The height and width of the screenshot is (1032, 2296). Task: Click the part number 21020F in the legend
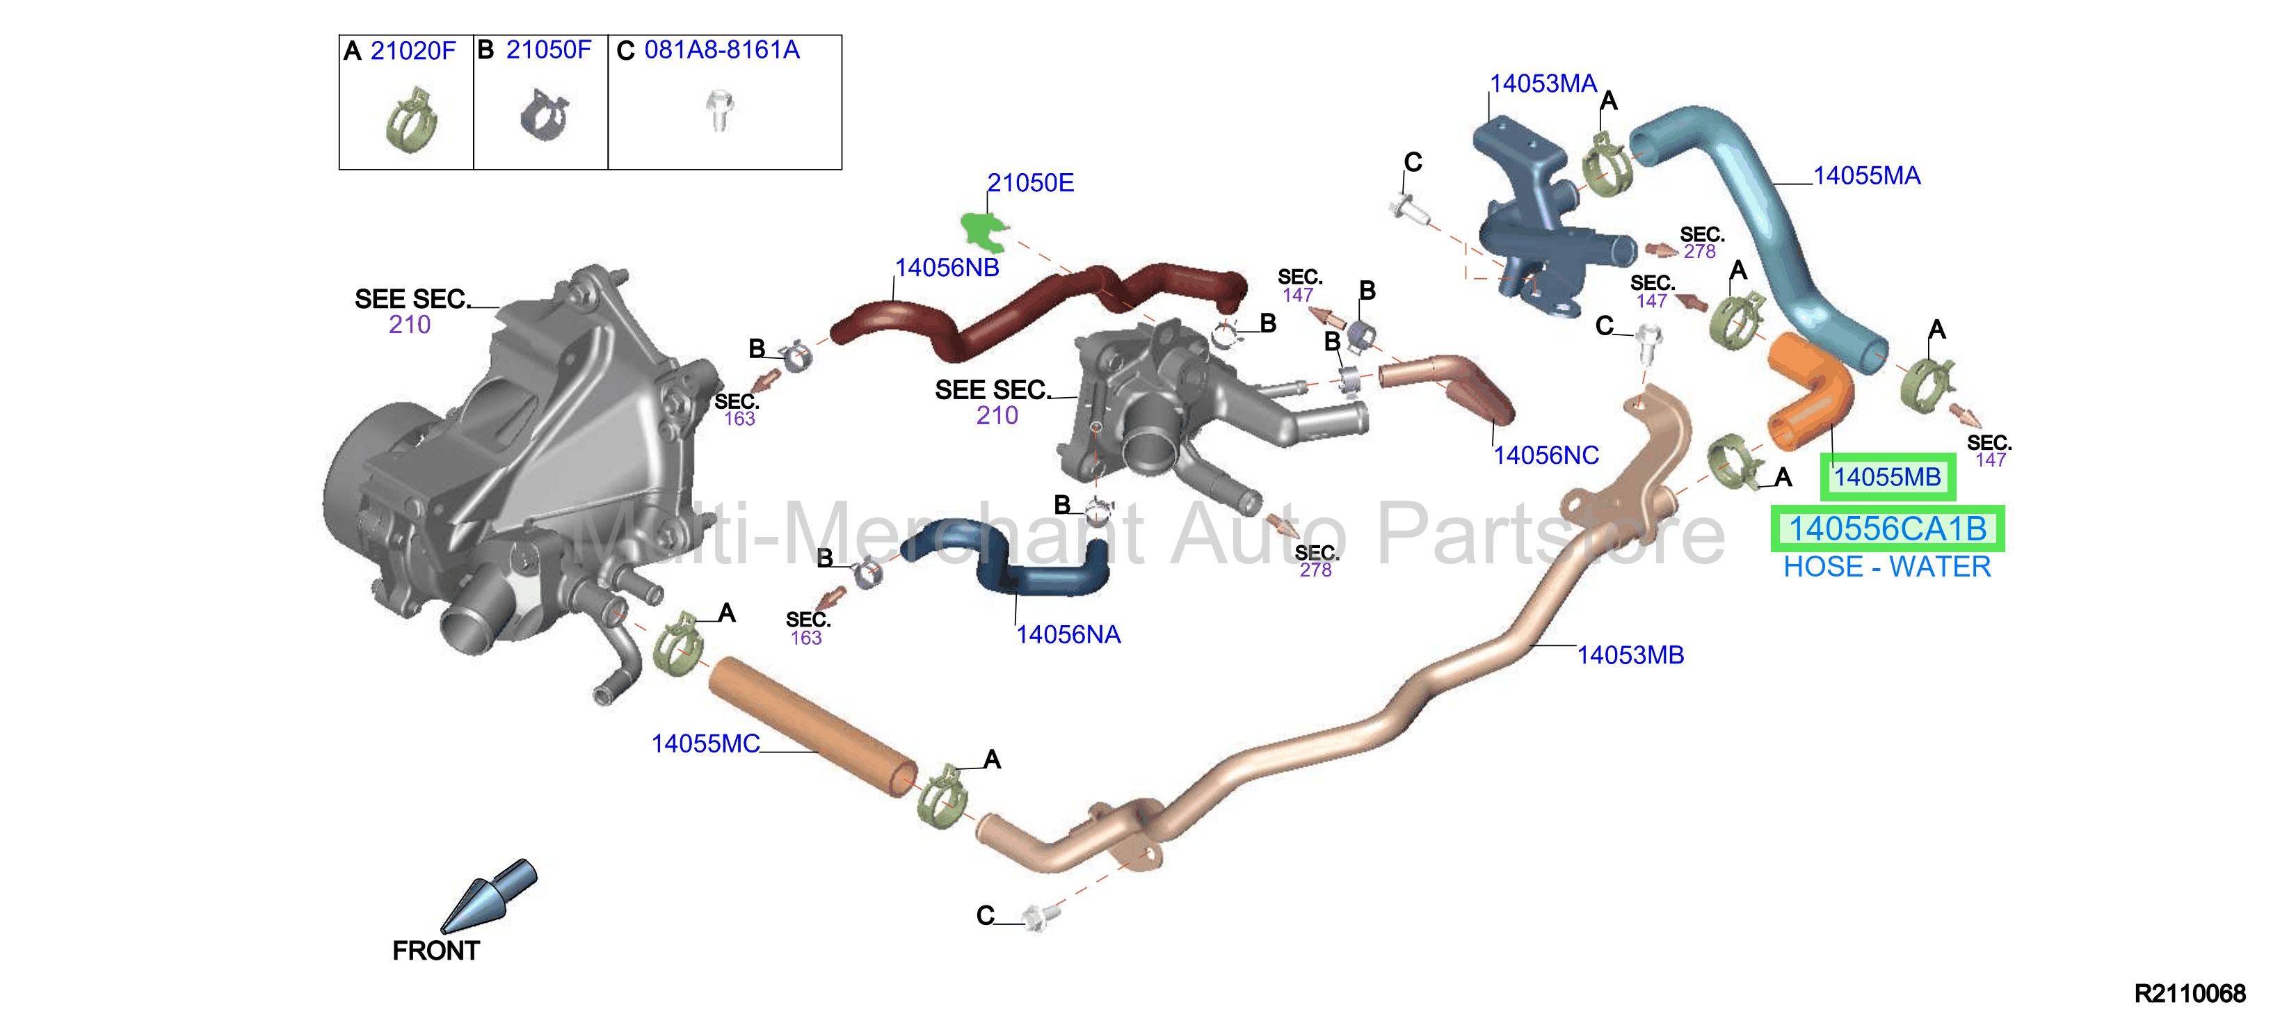[x=412, y=51]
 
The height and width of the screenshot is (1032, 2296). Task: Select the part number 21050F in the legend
[x=548, y=50]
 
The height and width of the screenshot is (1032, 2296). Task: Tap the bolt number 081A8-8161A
[x=722, y=50]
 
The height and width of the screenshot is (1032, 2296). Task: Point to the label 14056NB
[x=947, y=267]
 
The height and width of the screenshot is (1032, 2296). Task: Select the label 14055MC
[x=705, y=743]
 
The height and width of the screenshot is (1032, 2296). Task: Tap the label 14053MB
[x=1630, y=655]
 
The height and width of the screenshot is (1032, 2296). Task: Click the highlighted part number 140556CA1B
[x=1888, y=529]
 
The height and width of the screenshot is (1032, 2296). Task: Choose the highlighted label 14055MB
[x=1887, y=477]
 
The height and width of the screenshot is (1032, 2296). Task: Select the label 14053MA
[x=1543, y=83]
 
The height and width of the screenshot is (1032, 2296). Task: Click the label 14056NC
[x=1546, y=455]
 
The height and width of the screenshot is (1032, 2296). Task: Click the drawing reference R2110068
[x=2190, y=994]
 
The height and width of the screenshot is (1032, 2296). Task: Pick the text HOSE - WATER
[x=1887, y=567]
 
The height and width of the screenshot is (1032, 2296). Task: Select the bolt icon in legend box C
[x=719, y=111]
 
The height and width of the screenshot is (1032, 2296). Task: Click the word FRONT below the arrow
[x=436, y=951]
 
